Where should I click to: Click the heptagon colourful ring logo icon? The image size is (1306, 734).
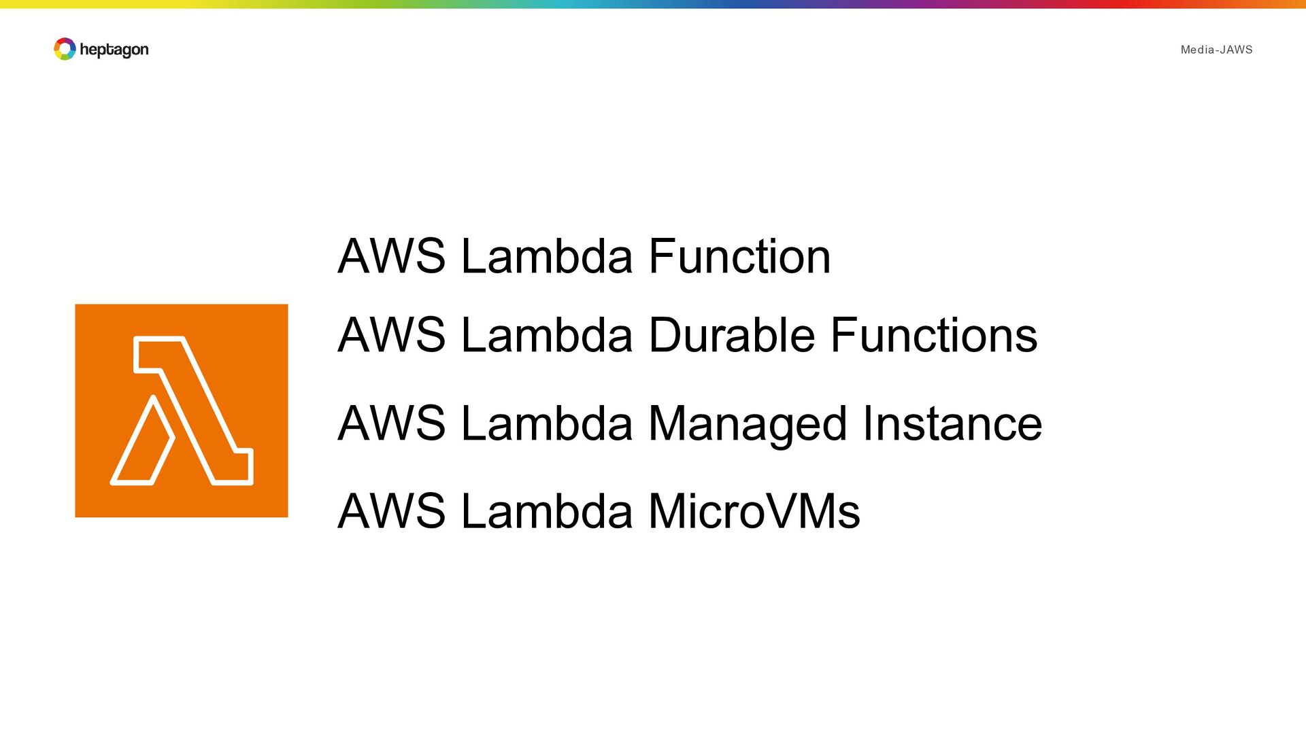tap(65, 49)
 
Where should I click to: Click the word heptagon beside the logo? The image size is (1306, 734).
tap(114, 50)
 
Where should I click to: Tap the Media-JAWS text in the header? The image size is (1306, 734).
tap(1216, 50)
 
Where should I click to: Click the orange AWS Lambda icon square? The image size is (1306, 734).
tap(182, 410)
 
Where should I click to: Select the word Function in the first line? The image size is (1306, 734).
tap(739, 256)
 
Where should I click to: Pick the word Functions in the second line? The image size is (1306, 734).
tap(935, 335)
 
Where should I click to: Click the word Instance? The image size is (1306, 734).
tap(952, 423)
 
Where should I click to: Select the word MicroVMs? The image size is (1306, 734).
tap(754, 511)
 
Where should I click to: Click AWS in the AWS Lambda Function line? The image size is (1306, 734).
tap(392, 256)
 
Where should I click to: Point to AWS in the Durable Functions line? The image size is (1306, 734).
tap(392, 335)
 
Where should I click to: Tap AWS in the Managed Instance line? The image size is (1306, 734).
tap(392, 423)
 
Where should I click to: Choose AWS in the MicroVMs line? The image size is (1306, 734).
tap(392, 511)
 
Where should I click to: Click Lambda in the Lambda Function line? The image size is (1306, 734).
tap(547, 256)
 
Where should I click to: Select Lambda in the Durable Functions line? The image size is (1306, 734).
tap(547, 335)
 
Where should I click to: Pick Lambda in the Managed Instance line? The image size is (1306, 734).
tap(547, 423)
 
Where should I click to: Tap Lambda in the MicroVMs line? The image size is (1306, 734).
tap(547, 511)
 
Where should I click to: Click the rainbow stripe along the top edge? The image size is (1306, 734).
tap(653, 4)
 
